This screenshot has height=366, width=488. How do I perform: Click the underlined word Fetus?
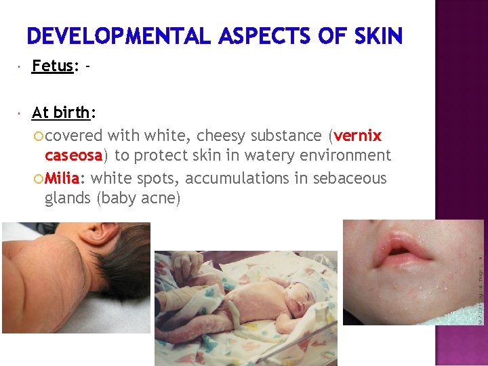(x=53, y=66)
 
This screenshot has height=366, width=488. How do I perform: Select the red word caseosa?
(x=73, y=155)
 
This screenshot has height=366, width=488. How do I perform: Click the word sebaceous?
(x=352, y=178)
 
